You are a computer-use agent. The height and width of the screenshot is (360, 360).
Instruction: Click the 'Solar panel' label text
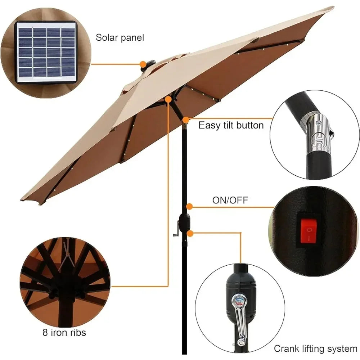tap(120, 37)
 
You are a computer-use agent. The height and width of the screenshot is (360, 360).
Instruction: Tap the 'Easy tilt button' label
tap(231, 125)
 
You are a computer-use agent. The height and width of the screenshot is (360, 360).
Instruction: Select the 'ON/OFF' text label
tap(230, 200)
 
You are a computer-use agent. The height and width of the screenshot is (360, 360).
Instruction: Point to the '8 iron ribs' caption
tap(63, 332)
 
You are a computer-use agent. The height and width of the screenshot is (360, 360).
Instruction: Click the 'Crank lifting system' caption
tap(315, 348)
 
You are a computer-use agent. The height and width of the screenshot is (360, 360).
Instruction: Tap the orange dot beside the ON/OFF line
tap(189, 206)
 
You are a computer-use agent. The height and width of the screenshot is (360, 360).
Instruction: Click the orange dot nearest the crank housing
tap(190, 233)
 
